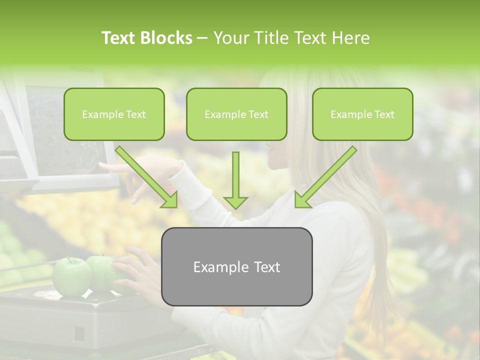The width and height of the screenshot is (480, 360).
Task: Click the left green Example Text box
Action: click(114, 114)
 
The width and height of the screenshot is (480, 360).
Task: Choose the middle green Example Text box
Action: click(236, 114)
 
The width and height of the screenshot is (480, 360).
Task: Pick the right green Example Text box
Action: click(362, 114)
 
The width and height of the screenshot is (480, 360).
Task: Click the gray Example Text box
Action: click(236, 266)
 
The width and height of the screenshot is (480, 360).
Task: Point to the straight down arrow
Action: click(235, 180)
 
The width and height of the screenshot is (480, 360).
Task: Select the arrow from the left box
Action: click(147, 177)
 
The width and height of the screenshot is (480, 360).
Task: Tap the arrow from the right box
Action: click(325, 177)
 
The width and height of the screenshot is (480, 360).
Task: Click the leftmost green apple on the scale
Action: click(72, 276)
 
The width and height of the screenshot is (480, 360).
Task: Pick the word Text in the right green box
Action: click(384, 114)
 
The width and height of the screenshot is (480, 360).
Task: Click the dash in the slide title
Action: click(202, 38)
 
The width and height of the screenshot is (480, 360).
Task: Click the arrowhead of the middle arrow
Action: click(235, 201)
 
